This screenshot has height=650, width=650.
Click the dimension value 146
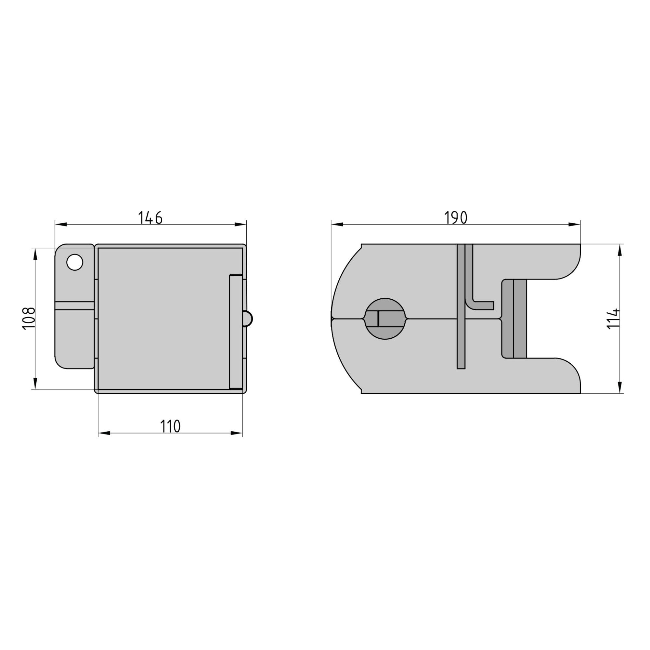pos(150,218)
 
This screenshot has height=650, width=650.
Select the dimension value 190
pos(456,218)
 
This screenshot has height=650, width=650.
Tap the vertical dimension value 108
pos(29,318)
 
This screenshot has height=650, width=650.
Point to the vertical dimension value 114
pos(614,318)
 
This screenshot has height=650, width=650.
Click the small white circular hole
pos(75,262)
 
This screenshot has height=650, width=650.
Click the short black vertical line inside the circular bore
pos(379,318)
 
